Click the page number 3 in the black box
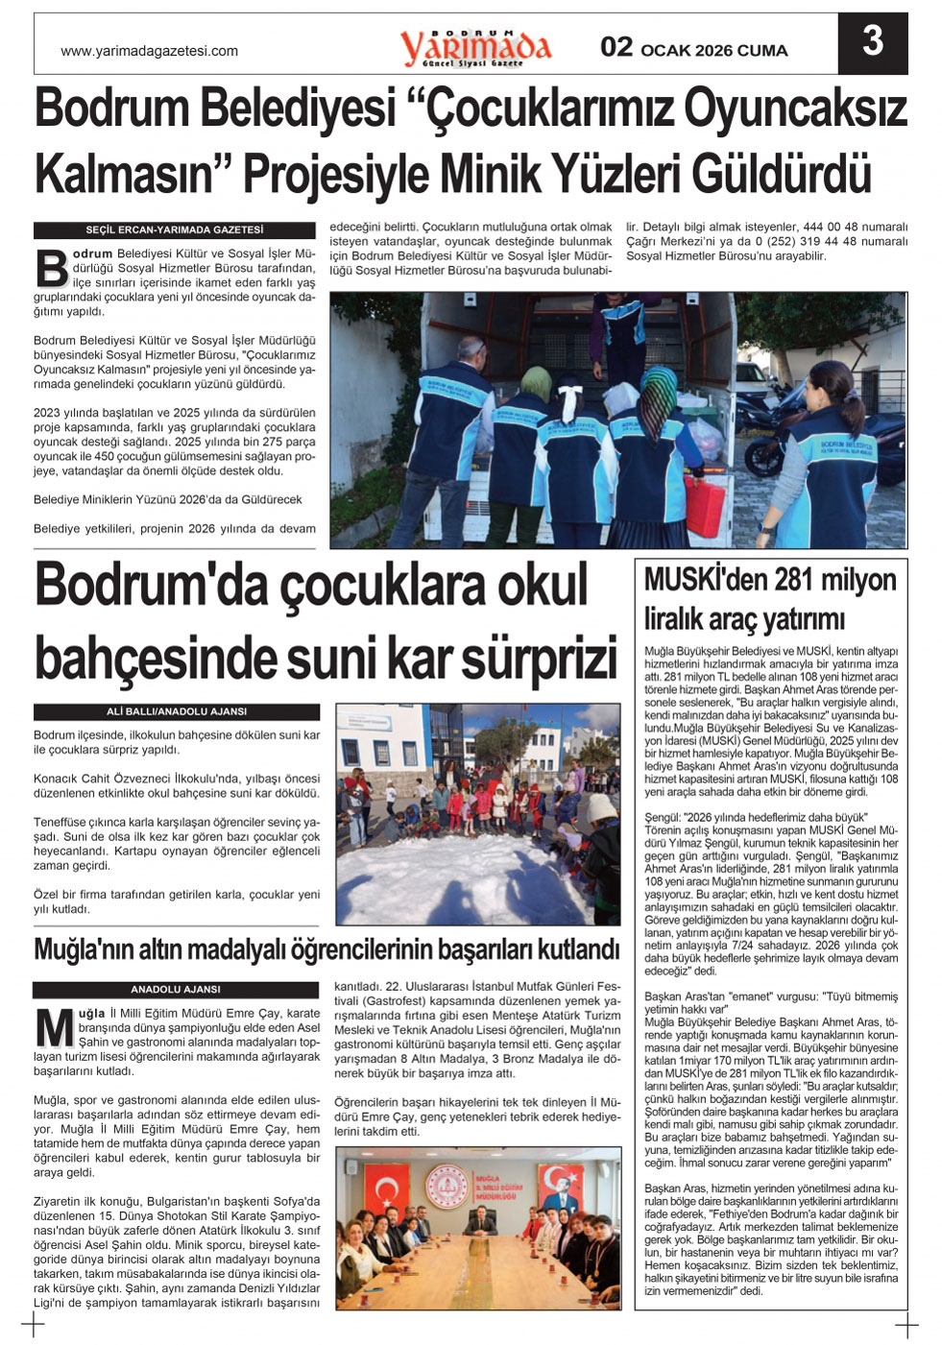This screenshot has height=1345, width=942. click(872, 43)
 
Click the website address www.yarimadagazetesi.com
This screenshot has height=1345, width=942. click(149, 51)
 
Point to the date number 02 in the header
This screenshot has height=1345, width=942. click(616, 48)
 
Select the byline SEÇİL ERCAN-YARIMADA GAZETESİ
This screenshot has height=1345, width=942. click(175, 230)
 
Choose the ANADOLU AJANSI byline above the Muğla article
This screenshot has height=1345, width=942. click(176, 990)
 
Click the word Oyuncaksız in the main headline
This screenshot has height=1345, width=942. click(792, 108)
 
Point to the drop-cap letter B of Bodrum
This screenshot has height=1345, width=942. click(51, 270)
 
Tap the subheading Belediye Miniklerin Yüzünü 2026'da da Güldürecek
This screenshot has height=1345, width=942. click(168, 500)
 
